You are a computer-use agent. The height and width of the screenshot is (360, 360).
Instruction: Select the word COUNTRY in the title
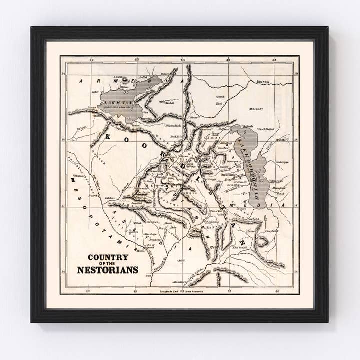click(108, 258)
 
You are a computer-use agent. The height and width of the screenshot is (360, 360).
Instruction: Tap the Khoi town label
click(218, 103)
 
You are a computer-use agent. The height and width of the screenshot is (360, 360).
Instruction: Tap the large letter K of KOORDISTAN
click(109, 138)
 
